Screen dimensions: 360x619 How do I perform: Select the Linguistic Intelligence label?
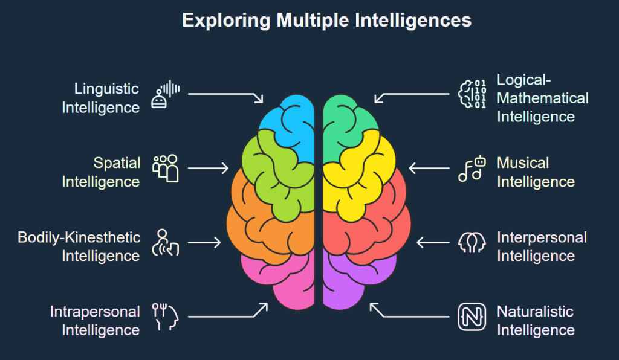pos(100,98)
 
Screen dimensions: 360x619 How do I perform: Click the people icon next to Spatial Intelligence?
pos(166,168)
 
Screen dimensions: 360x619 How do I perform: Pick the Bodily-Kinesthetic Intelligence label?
pos(79,246)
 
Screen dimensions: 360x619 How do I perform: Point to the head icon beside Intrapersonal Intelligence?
pos(166,317)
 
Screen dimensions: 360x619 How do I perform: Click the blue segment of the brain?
pos(290,121)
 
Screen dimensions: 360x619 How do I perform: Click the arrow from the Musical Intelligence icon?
pos(429,168)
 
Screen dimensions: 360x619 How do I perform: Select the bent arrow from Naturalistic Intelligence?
pos(411,314)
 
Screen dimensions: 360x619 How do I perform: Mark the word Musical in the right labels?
pos(523,163)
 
